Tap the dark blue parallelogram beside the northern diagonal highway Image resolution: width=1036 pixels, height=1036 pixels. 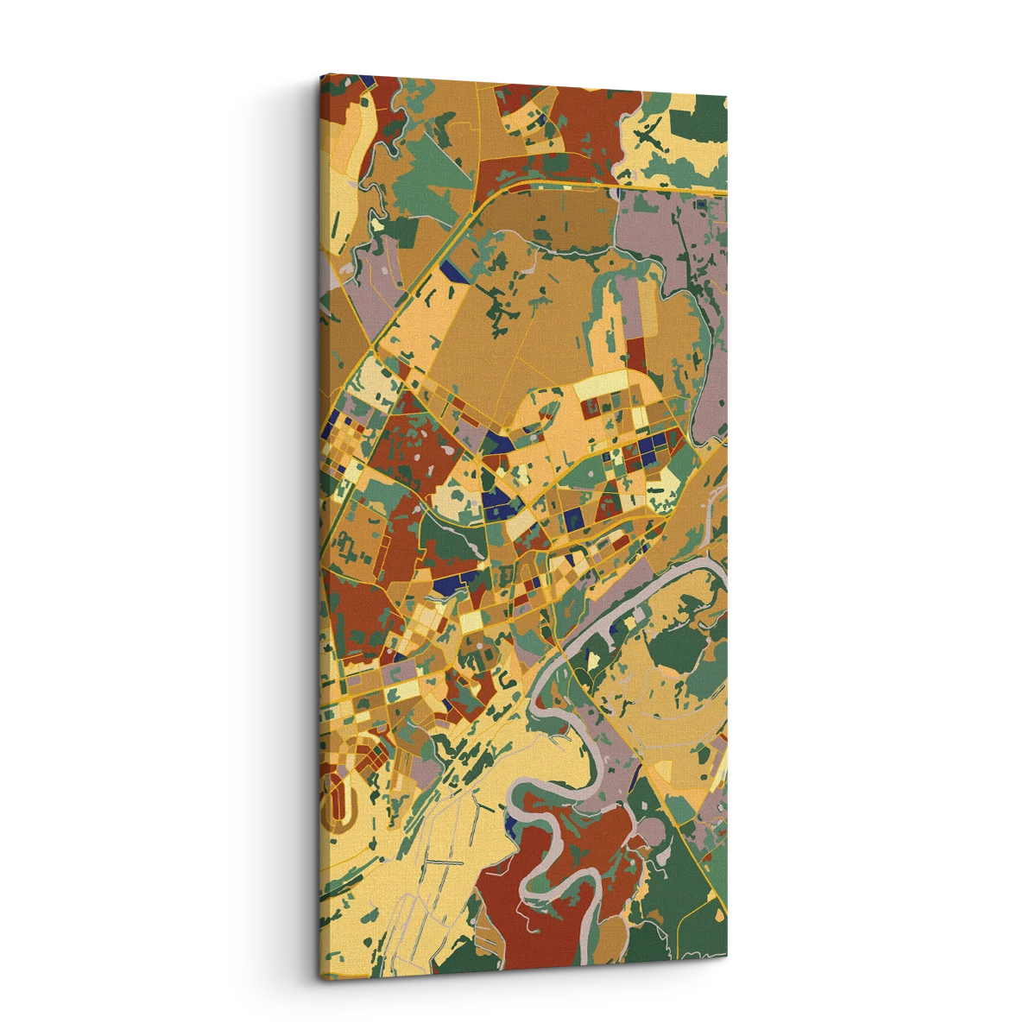point(449,269)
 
